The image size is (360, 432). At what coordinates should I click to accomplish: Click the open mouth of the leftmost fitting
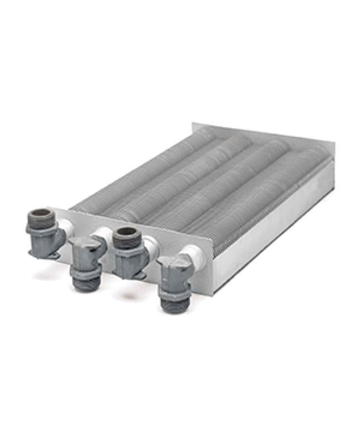point(41,213)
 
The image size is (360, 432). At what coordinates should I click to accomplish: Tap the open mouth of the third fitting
point(127,232)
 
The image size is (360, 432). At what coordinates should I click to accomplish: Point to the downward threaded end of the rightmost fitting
point(174,303)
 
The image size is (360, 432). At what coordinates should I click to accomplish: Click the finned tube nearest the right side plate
point(268,195)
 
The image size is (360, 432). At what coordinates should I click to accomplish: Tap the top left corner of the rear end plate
point(194,124)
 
